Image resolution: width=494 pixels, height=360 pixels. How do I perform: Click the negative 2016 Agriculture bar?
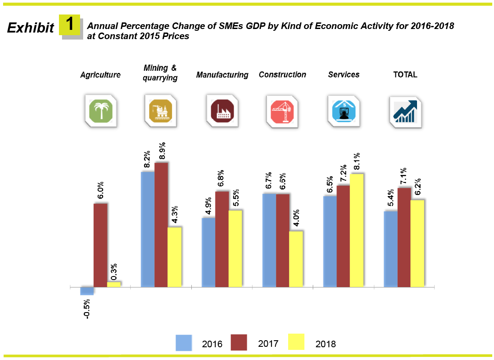pos(87,291)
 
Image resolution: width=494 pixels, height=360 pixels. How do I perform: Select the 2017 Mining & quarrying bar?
pos(161,225)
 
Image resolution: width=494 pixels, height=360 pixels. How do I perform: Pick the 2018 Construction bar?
pos(296,259)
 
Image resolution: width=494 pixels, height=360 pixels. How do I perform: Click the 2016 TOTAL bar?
pos(391,249)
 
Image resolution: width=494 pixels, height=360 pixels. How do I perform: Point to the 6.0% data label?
pos(101,190)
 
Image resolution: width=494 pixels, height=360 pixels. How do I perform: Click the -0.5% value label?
pos(87,309)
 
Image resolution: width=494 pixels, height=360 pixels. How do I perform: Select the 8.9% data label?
pos(161,150)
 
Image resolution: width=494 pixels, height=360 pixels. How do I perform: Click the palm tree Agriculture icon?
pos(101,111)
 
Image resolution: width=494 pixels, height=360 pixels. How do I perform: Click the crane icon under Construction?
pos(283,111)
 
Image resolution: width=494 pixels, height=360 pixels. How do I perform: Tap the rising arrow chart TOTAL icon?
pos(405,111)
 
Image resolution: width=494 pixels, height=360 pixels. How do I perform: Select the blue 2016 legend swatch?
pos(184,343)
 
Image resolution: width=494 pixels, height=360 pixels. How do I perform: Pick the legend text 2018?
pos(326,344)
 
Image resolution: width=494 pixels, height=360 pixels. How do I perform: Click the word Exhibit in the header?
pos(30,28)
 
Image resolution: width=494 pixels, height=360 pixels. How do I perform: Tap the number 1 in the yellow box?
pos(70,24)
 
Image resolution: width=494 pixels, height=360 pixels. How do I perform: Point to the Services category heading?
pos(344,75)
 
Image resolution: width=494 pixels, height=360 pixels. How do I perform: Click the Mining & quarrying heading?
pos(160,73)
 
